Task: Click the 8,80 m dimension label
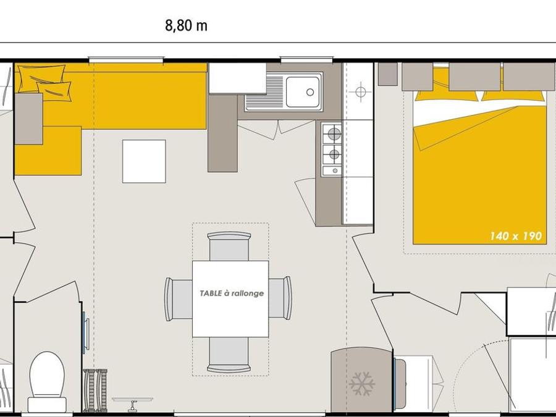point(186,26)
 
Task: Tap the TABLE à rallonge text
point(232,293)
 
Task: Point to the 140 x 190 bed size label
point(516,236)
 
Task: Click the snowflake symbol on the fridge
point(361,383)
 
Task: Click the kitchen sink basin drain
point(310,92)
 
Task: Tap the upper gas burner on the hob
point(334,134)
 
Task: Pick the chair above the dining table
point(229,246)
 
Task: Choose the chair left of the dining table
point(179,299)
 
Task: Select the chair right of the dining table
point(280,298)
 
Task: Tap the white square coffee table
point(144,161)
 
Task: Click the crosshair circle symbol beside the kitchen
point(361,92)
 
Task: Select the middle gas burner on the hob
point(334,154)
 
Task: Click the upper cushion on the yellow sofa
point(42,77)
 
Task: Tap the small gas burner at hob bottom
point(335,171)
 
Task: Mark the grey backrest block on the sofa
point(28,119)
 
